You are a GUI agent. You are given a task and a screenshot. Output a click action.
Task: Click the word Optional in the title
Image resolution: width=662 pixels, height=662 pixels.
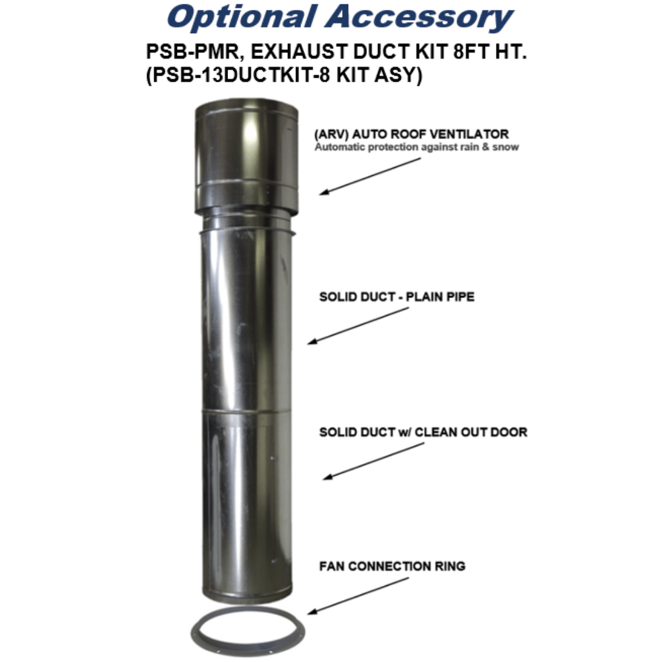pos(242,18)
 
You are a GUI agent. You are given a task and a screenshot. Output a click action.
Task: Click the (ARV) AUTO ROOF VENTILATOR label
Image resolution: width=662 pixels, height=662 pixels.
pos(411,134)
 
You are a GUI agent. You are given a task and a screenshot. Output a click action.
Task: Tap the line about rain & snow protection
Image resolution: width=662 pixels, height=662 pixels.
pos(416,147)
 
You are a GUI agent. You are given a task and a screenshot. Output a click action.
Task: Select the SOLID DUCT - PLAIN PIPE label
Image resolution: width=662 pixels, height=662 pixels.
pos(397,297)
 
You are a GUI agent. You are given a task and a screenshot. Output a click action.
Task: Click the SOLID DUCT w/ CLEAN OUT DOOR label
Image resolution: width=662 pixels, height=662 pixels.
pos(423,432)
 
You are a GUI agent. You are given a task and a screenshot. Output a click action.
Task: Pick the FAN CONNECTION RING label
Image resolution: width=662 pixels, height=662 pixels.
pos(392,566)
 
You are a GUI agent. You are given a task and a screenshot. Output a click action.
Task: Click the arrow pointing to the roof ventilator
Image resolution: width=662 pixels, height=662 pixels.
pos(370,177)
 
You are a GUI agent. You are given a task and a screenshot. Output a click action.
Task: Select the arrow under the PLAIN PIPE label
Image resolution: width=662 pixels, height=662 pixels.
pos(358,326)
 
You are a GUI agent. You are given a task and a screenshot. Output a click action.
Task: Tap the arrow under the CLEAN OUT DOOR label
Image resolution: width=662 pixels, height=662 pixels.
pos(373,461)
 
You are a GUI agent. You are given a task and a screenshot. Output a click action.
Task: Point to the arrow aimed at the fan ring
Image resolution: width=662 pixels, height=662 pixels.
pos(358,596)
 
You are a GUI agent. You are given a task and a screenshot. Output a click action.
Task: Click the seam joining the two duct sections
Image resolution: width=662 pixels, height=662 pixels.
pos(246,410)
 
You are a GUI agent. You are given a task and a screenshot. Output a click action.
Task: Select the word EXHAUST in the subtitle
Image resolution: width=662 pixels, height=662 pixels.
pos(298,52)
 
